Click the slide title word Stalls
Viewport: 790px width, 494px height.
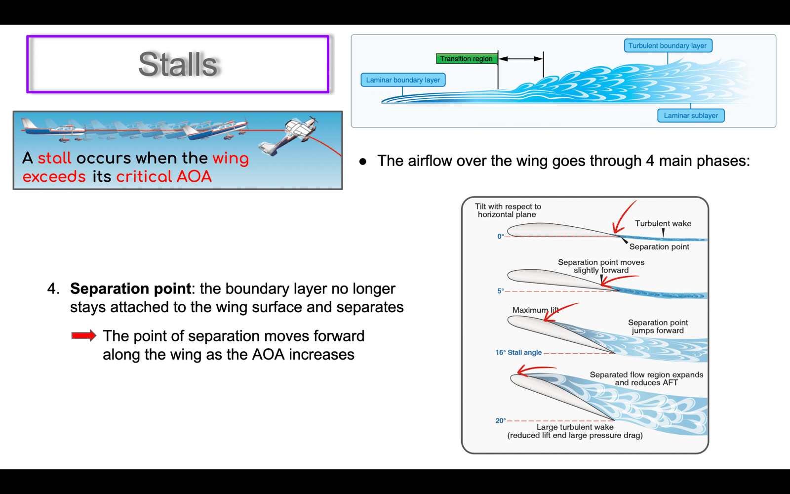click(x=178, y=64)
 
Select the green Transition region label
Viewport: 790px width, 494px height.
click(x=467, y=59)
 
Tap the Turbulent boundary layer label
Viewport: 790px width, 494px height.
click(x=668, y=45)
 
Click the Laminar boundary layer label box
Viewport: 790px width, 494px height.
click(x=403, y=80)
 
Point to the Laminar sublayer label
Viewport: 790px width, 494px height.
click(x=691, y=116)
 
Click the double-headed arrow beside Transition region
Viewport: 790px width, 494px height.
click(x=520, y=59)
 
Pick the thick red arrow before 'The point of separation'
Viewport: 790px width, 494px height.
click(x=83, y=335)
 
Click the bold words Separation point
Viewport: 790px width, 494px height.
click(x=130, y=288)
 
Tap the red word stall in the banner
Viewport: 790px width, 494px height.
click(x=55, y=158)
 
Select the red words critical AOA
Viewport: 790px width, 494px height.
click(x=164, y=176)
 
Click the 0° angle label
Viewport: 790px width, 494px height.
click(x=501, y=237)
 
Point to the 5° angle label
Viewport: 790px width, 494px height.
click(x=501, y=291)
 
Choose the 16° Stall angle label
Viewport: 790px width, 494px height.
click(x=518, y=353)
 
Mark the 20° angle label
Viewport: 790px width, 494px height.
click(x=501, y=420)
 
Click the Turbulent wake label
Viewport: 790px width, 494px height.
click(x=663, y=223)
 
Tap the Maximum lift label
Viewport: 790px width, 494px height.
click(x=535, y=310)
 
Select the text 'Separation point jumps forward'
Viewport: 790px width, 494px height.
click(x=658, y=327)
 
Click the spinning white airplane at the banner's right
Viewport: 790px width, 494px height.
click(x=289, y=136)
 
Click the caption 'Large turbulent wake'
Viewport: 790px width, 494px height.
click(x=575, y=427)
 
